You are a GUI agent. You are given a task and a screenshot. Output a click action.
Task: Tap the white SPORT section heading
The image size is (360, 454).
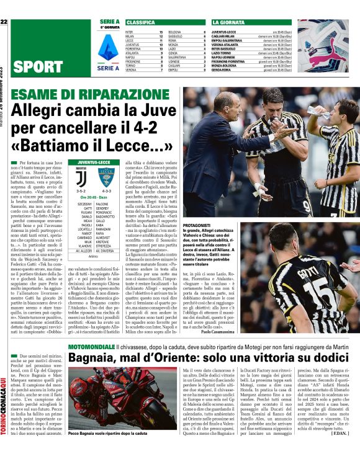37,67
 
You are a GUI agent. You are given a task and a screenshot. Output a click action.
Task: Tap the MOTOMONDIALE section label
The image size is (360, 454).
92,347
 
